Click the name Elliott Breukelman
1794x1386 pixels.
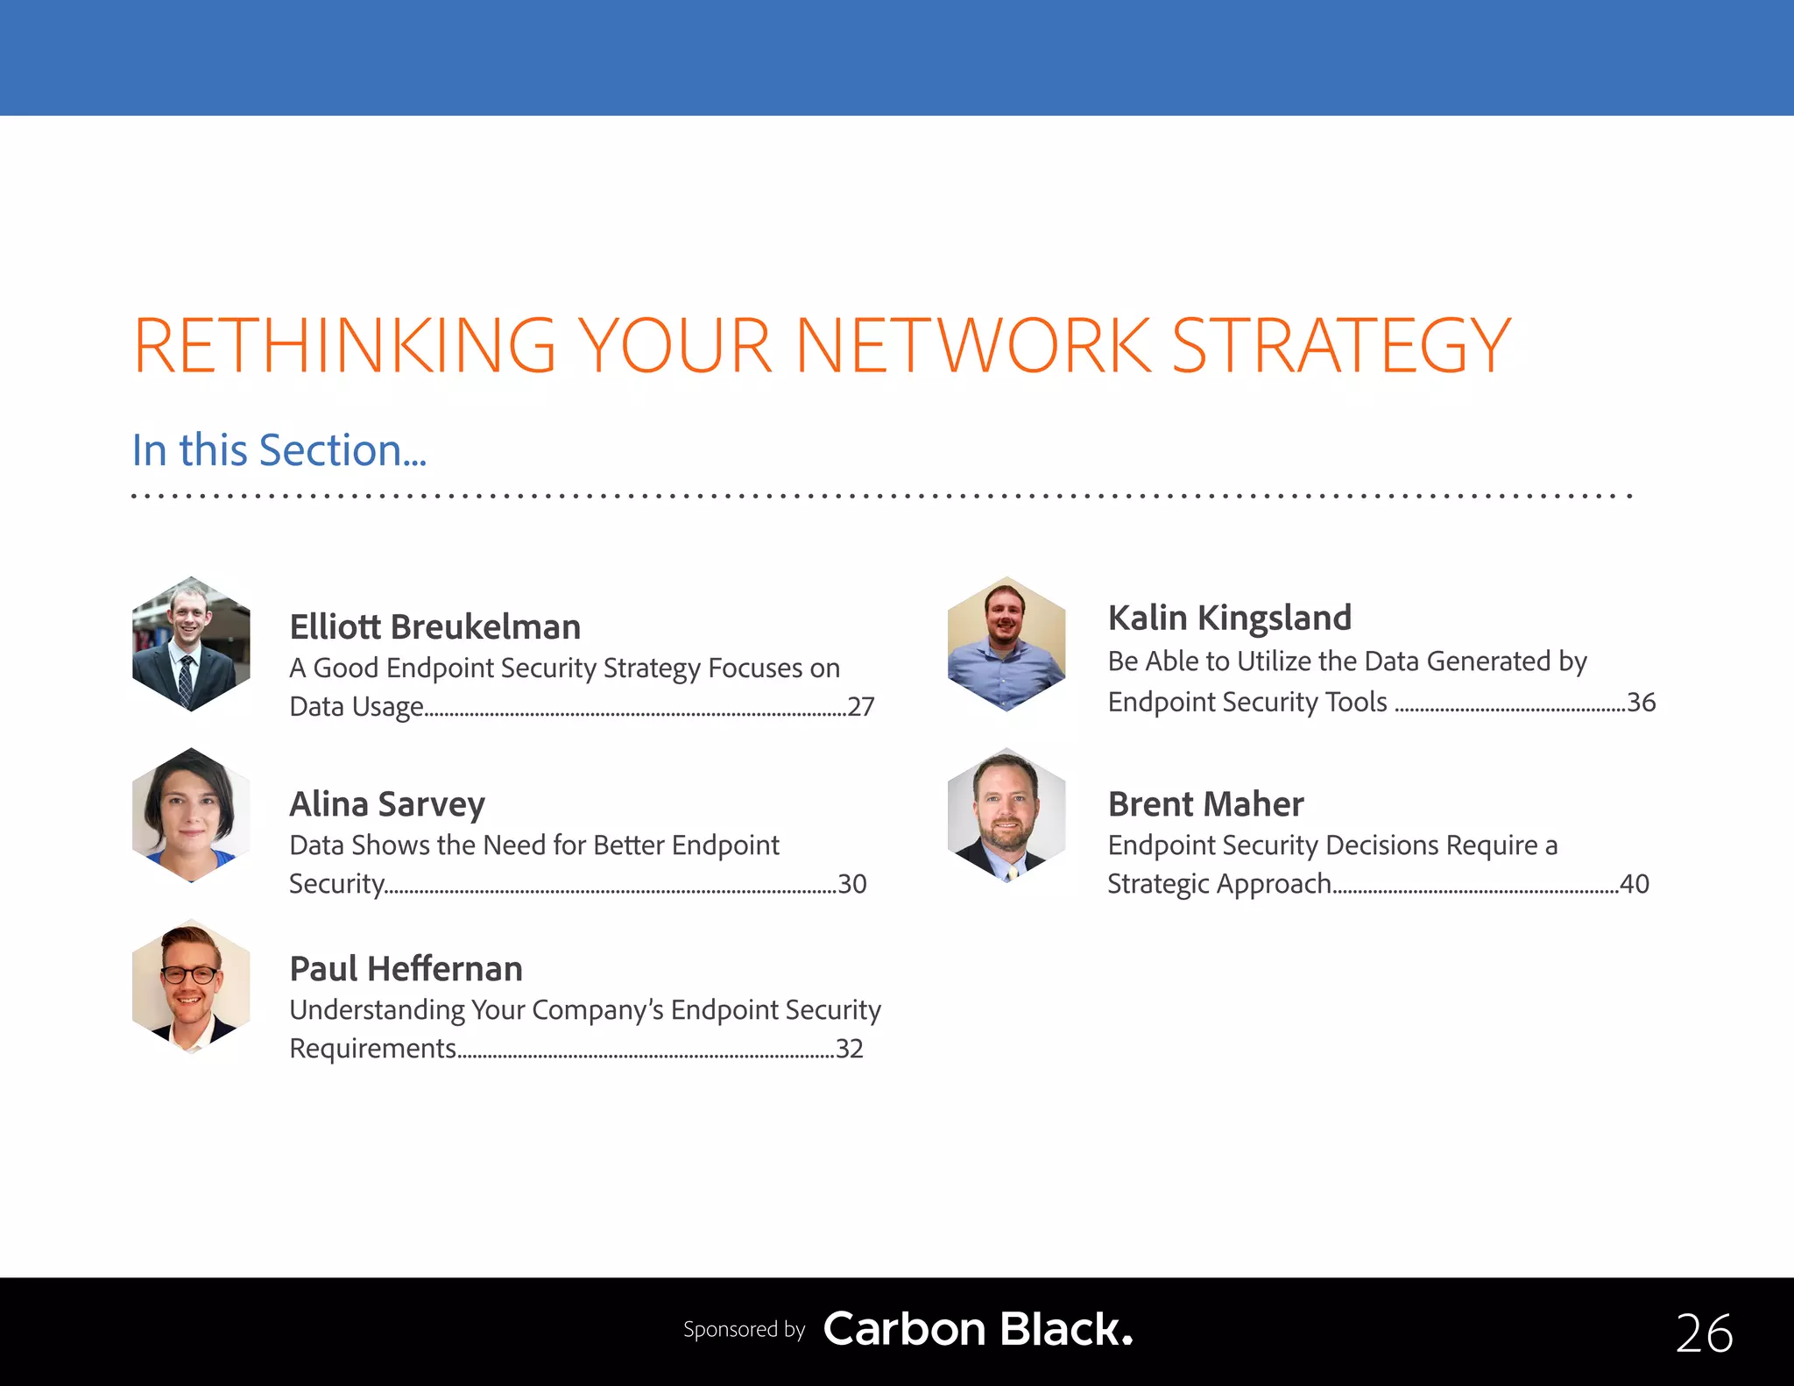(434, 627)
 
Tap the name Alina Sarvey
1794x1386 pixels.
(386, 804)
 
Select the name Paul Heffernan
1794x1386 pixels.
(406, 969)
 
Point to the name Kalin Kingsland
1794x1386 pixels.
(1229, 618)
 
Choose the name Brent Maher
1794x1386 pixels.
(1205, 804)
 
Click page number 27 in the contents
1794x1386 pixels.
(860, 706)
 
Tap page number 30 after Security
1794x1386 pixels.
(851, 883)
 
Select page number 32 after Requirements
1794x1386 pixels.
(849, 1048)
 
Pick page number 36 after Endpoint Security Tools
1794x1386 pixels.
(1641, 702)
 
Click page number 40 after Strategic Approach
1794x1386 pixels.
(1634, 883)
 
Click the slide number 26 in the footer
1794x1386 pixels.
(1704, 1333)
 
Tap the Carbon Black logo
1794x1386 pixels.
(978, 1329)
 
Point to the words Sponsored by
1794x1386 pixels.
(744, 1329)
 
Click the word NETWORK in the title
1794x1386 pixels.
(972, 346)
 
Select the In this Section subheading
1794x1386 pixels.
(279, 450)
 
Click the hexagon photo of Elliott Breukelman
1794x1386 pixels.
(191, 644)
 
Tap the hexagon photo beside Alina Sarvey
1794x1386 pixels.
(191, 815)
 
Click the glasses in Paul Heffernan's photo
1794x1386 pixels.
(190, 974)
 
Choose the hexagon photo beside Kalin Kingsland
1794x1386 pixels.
(1006, 644)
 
